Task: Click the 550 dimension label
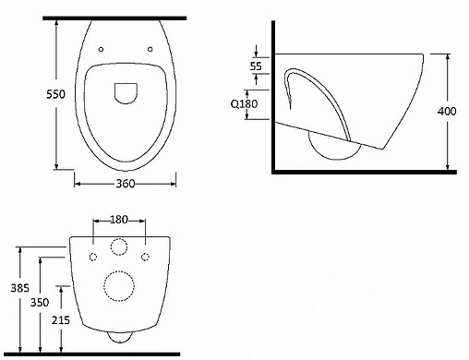point(55,94)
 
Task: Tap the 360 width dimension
point(126,184)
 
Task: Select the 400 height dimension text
point(447,111)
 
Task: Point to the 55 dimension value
point(256,66)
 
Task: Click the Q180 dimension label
point(244,103)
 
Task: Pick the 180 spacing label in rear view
point(119,220)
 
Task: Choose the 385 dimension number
point(20,288)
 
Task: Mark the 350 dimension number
point(40,303)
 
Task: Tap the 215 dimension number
point(61,320)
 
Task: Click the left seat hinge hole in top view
point(101,49)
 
